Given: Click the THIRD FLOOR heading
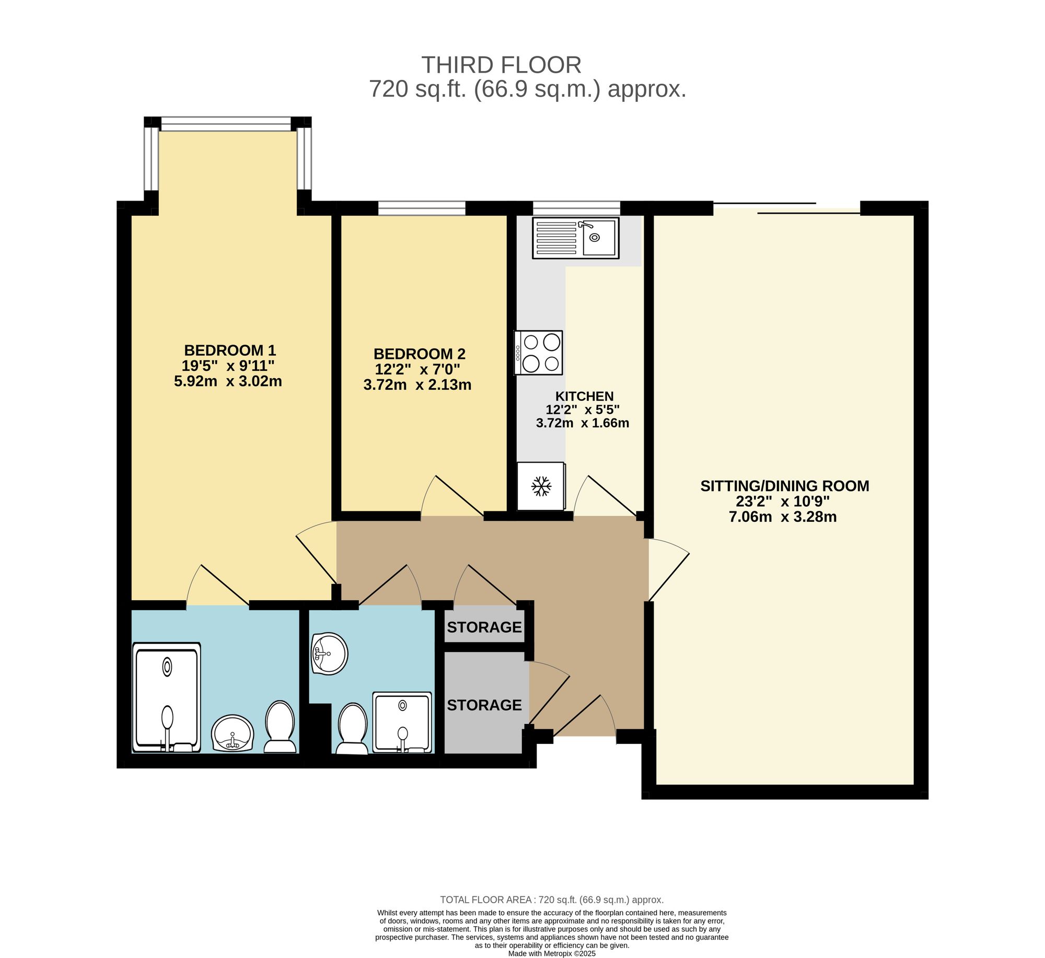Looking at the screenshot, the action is tap(501, 65).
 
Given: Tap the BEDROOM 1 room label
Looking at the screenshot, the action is tap(230, 350).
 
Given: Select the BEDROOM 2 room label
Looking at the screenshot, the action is tap(420, 354).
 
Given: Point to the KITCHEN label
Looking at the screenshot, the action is tap(584, 396).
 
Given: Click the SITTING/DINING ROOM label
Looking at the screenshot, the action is tap(785, 486).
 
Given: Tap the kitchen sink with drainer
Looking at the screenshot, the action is tap(576, 238).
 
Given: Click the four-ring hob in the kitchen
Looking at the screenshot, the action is tap(538, 353).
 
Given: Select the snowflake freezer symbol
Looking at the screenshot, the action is tap(541, 486).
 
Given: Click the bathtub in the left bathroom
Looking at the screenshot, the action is tap(167, 697).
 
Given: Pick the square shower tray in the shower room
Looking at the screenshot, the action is tap(402, 722).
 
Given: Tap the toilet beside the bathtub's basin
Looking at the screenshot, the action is tap(280, 727).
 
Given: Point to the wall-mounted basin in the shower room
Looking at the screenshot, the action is tap(329, 653).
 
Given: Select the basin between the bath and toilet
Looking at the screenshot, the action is tap(233, 733).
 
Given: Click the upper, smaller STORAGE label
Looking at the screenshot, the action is tap(484, 627).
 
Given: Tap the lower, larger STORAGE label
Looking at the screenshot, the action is tap(484, 705).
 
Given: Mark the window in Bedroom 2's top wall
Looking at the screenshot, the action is tap(422, 208).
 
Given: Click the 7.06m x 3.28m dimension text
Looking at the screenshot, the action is tap(783, 517).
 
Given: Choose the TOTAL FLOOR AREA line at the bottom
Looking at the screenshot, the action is tap(552, 899).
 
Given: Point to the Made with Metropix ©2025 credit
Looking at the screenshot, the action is tap(552, 953).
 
